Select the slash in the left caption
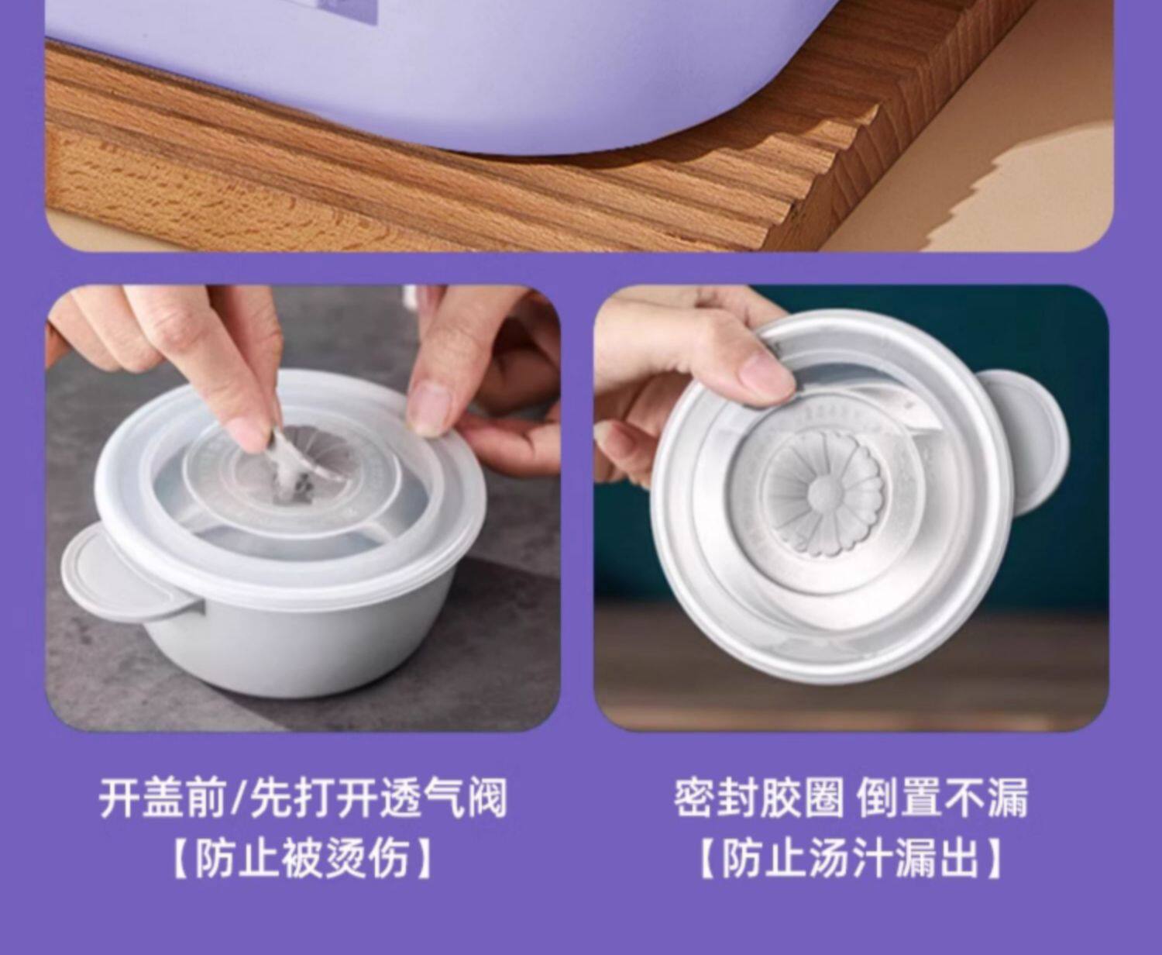pos(239,798)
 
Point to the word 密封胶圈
pos(758,798)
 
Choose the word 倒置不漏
pos(943,798)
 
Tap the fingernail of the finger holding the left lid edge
pos(431,408)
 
